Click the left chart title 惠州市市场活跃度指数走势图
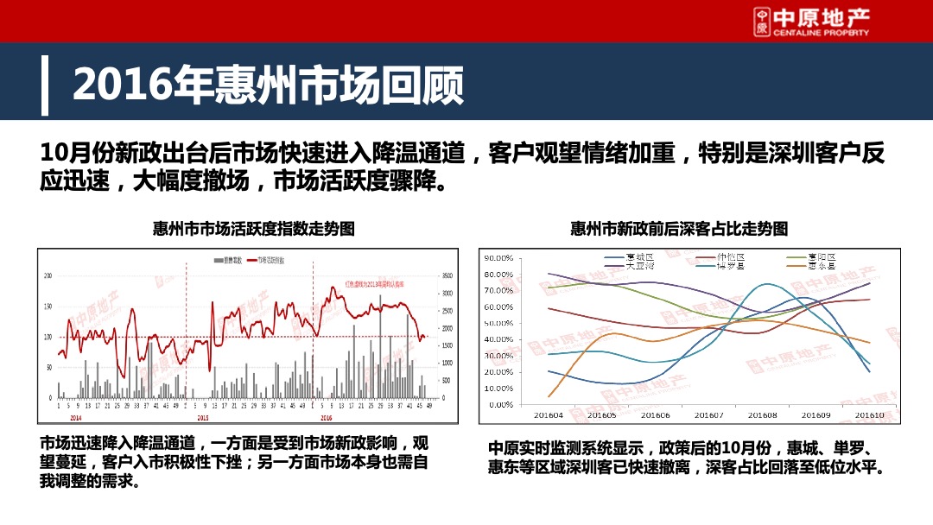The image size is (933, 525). (x=253, y=229)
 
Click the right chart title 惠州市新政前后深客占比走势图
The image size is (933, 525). (x=679, y=229)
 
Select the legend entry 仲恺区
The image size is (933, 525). (x=730, y=257)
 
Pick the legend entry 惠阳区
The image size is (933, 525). (x=821, y=257)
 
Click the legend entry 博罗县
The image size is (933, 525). (x=730, y=266)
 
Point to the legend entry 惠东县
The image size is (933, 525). (x=821, y=266)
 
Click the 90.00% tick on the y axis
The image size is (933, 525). (x=498, y=258)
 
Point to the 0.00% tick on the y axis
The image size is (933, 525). (x=500, y=404)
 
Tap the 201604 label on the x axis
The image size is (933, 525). (x=549, y=415)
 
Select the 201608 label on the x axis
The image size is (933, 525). (x=762, y=415)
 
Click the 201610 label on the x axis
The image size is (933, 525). (x=870, y=415)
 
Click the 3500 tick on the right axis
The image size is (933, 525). (x=447, y=275)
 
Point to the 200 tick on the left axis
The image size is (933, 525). (x=48, y=275)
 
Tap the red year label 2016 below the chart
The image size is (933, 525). (x=327, y=416)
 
